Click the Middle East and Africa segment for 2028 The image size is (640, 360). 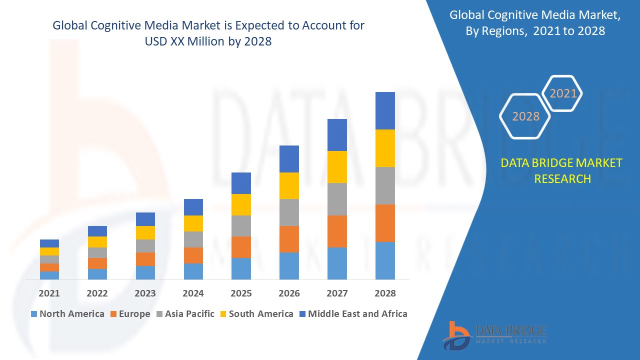(x=385, y=110)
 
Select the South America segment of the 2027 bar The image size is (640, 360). (x=337, y=167)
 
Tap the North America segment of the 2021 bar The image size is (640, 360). (x=49, y=275)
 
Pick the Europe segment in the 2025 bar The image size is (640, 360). (x=241, y=247)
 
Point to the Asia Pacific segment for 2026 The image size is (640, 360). (x=289, y=212)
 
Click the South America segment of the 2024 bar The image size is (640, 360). (x=193, y=223)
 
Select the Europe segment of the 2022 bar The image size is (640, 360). (x=97, y=263)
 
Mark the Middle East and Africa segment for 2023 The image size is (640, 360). (x=145, y=219)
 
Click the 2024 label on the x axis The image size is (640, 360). (x=193, y=293)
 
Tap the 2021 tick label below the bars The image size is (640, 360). (x=49, y=293)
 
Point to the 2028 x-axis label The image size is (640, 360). (x=385, y=293)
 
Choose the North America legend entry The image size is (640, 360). (x=67, y=314)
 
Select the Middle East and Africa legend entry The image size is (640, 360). (x=353, y=314)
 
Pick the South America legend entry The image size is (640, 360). (x=256, y=314)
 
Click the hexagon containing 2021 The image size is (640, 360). (x=563, y=93)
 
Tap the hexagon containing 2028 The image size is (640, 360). (x=525, y=116)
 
